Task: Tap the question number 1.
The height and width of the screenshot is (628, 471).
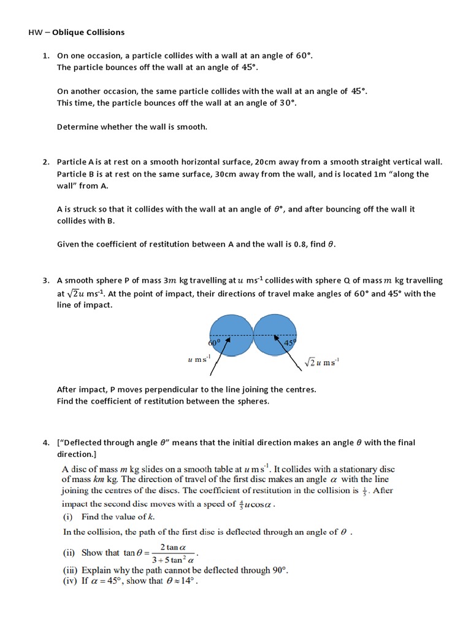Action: pos(45,56)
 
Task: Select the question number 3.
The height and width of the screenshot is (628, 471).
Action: pos(45,281)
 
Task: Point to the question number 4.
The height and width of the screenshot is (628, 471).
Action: pos(45,443)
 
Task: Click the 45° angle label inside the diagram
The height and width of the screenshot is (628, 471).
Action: pos(289,343)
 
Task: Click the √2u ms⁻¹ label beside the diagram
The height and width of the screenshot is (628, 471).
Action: pos(321,362)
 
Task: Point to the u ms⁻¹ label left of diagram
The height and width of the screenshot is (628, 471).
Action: pos(199,358)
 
